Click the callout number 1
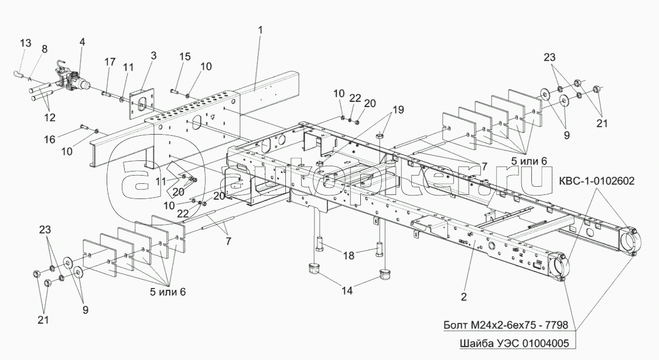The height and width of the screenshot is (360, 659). [260, 29]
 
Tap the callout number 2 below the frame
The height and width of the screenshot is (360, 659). [463, 297]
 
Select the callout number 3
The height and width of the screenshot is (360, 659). [153, 56]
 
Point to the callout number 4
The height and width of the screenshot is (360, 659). [81, 42]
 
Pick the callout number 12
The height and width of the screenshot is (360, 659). [49, 117]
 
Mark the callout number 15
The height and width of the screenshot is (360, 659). [185, 57]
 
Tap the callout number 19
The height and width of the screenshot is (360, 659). [398, 109]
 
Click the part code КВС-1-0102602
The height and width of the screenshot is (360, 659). [600, 180]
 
